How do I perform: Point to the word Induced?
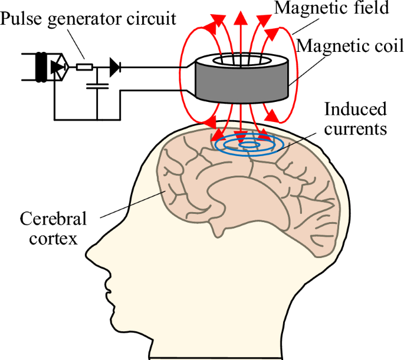click(x=357, y=109)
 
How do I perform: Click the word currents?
click(x=357, y=128)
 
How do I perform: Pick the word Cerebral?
click(x=54, y=220)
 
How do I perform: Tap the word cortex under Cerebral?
click(x=54, y=239)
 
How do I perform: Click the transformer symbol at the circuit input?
click(x=41, y=67)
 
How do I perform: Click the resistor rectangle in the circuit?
click(x=85, y=67)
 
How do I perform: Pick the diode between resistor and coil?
click(x=114, y=67)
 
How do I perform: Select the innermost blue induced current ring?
click(x=248, y=144)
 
